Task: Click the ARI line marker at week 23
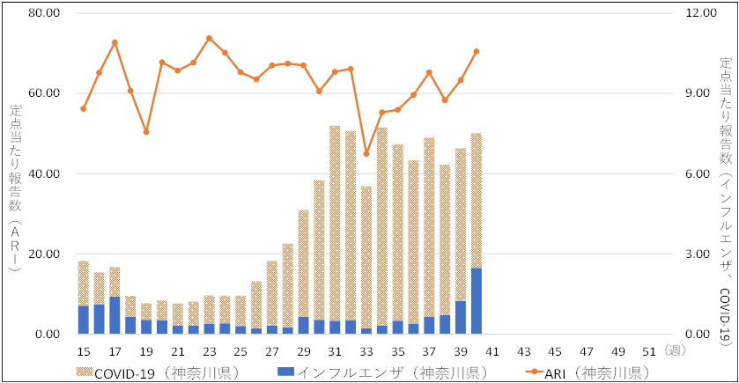pos(209,38)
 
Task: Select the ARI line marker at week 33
pos(366,153)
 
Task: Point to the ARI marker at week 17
pos(115,42)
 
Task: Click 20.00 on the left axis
pos(41,254)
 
